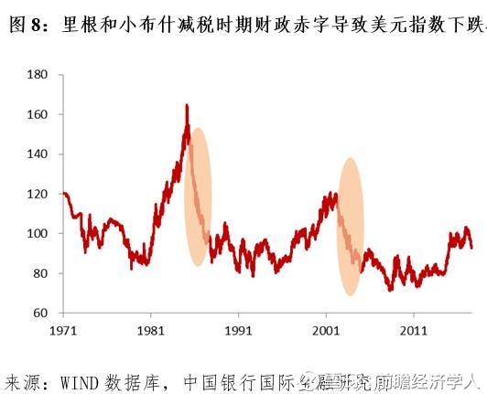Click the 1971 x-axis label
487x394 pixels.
64,329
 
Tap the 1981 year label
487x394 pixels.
151,329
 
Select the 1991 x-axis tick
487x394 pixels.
239,329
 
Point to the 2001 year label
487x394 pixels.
327,329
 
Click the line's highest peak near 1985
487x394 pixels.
187,106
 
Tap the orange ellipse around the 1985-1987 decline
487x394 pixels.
199,197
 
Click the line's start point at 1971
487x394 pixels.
63,194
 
